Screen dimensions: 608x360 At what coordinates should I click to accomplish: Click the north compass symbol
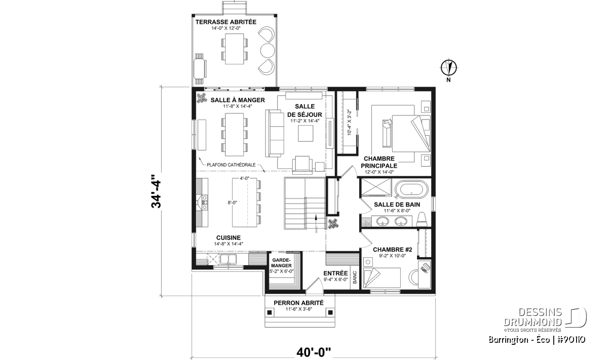point(449,67)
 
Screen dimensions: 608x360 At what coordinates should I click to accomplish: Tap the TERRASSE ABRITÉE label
point(226,22)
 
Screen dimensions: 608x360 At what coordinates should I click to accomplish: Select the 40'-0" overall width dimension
point(314,352)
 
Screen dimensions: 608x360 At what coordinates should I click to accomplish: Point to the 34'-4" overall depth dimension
point(156,191)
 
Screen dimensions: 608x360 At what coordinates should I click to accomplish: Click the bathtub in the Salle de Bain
point(411,189)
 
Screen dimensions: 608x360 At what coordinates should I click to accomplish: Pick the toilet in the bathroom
point(422,220)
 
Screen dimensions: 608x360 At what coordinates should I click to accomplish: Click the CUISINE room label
point(229,237)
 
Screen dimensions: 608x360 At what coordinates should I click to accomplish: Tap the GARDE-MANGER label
point(281,263)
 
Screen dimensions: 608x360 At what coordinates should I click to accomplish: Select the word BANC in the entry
point(355,277)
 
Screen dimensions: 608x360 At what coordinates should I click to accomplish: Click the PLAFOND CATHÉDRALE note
point(231,165)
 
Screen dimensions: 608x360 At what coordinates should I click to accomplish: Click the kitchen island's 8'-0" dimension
point(233,203)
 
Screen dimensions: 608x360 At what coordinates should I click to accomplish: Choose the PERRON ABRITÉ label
point(298,303)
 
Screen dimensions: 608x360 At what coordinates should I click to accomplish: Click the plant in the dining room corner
point(202,98)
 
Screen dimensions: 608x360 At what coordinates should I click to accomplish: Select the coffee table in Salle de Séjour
point(306,134)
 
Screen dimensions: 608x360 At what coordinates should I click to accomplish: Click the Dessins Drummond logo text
point(533,317)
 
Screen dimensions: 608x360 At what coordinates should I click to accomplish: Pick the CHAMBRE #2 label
point(393,250)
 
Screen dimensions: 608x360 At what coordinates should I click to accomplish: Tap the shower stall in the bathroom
point(376,187)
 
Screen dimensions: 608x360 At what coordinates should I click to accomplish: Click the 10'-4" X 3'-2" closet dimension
point(349,122)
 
